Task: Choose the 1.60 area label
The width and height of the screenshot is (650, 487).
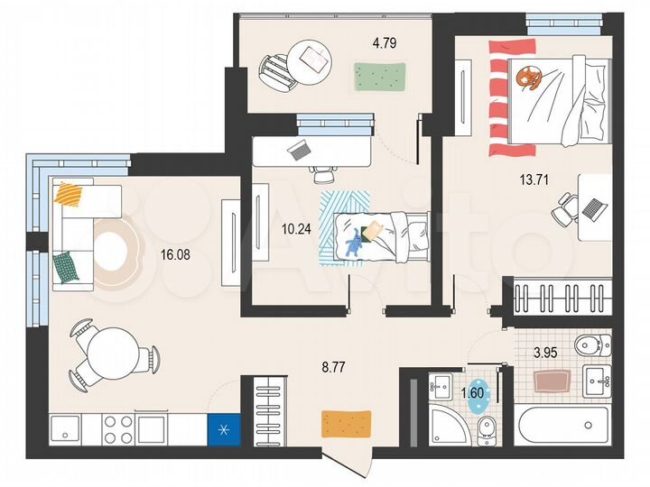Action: point(473,394)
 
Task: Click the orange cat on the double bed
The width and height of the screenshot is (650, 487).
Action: point(527,80)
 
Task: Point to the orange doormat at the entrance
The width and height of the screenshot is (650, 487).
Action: point(347,422)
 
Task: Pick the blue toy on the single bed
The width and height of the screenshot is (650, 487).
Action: point(354,242)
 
